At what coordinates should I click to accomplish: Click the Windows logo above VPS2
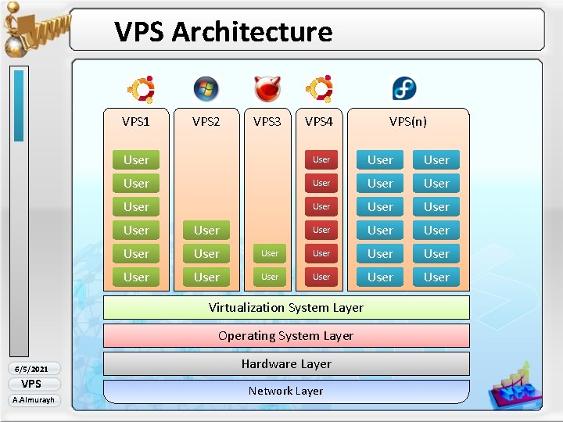(206, 89)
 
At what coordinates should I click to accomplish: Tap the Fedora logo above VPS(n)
(404, 89)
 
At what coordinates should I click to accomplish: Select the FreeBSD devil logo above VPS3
(267, 89)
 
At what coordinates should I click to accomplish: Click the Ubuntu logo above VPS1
(141, 89)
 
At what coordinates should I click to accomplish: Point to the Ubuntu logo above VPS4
(319, 89)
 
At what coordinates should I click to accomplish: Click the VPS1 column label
(135, 121)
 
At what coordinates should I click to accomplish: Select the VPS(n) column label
(408, 121)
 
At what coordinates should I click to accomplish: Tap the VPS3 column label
(267, 121)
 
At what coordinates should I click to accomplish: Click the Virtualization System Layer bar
(286, 307)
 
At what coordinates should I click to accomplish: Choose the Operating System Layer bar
(286, 335)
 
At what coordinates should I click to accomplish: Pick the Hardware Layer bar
(286, 363)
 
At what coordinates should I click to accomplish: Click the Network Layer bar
(286, 391)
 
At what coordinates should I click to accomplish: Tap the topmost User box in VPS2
(206, 230)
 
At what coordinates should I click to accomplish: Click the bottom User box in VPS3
(270, 277)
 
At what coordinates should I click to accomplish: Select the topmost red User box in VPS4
(321, 159)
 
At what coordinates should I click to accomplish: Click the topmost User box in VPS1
(136, 159)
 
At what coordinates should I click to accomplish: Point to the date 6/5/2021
(31, 369)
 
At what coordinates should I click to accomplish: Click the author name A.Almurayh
(31, 400)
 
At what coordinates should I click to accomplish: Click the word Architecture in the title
(252, 32)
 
